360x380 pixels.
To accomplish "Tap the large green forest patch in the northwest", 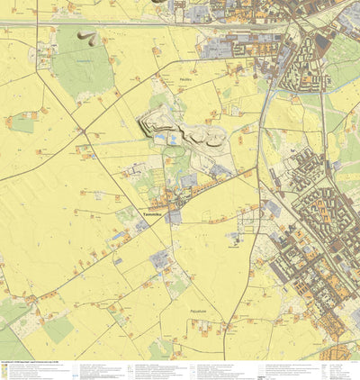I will pyautogui.click(x=83, y=68).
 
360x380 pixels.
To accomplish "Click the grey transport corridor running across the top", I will pyautogui.click(x=180, y=26).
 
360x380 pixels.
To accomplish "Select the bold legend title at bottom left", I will pyautogui.click(x=27, y=363).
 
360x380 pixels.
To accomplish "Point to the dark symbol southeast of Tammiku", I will pyautogui.click(x=235, y=239).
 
